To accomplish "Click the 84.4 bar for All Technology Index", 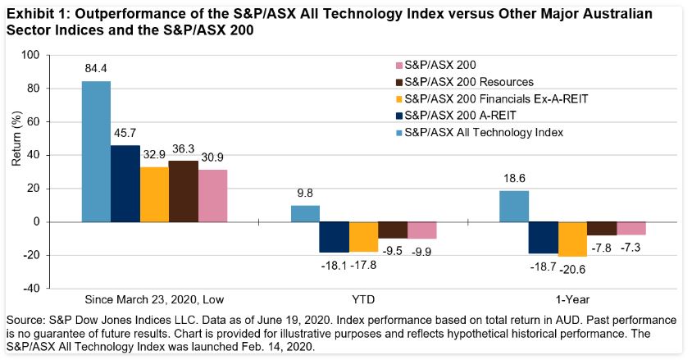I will pyautogui.click(x=95, y=152).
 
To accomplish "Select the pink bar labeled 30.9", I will pyautogui.click(x=212, y=196).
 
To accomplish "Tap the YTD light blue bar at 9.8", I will pyautogui.click(x=305, y=213).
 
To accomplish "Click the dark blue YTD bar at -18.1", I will pyautogui.click(x=334, y=236).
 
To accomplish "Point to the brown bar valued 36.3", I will pyautogui.click(x=183, y=191).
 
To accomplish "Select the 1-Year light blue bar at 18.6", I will pyautogui.click(x=514, y=206).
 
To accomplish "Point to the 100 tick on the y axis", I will pyautogui.click(x=30, y=55).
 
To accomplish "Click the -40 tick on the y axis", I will pyautogui.click(x=30, y=289).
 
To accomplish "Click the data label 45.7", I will pyautogui.click(x=124, y=132).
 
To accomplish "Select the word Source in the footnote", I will pyautogui.click(x=24, y=318).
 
